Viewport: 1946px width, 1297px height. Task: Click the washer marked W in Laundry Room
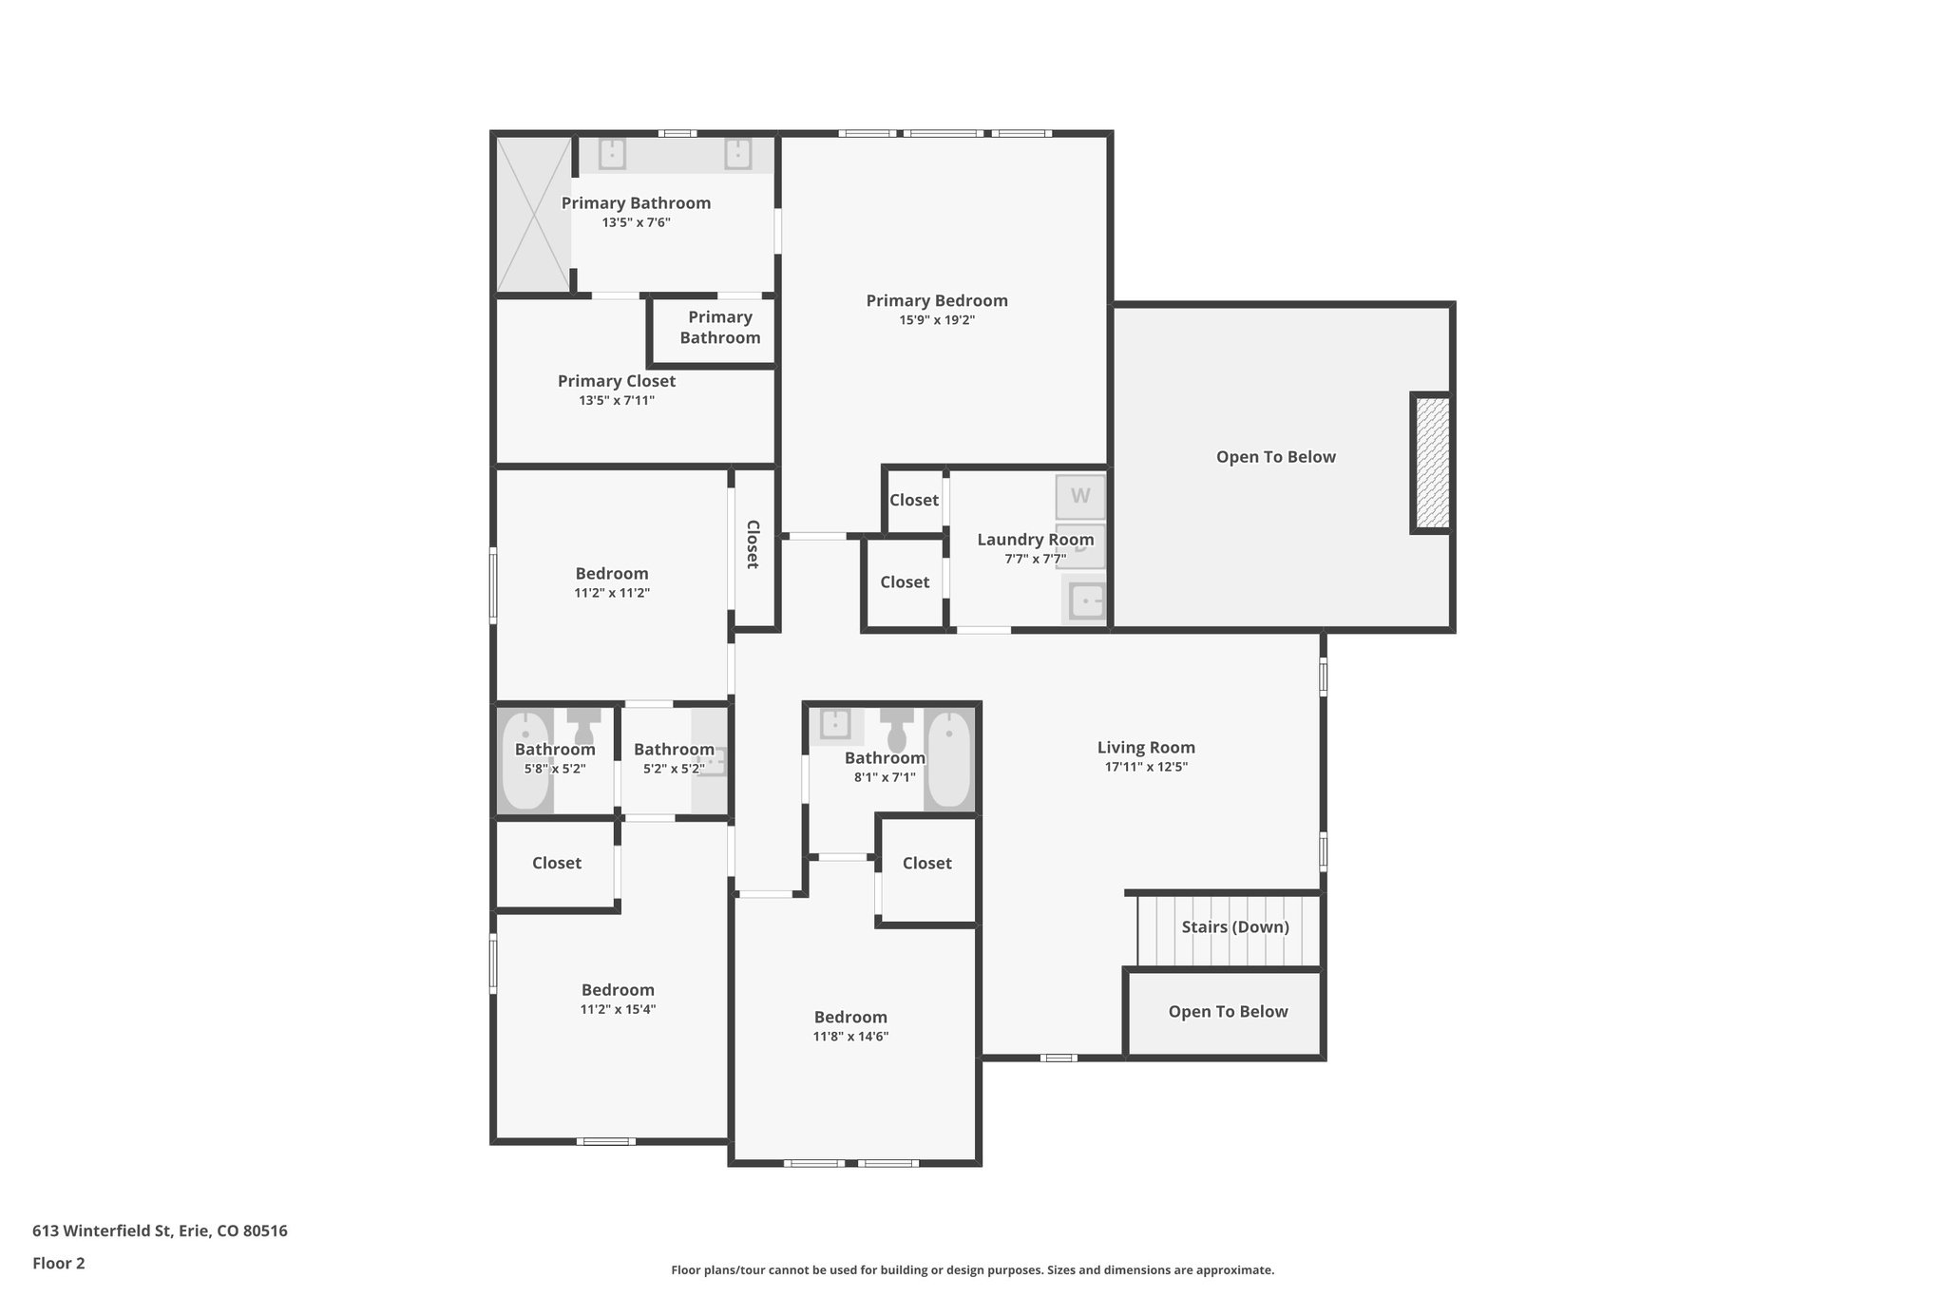pyautogui.click(x=1080, y=496)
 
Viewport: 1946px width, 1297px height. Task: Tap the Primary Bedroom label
pyautogui.click(x=936, y=300)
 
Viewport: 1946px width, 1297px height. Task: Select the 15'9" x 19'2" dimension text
pyautogui.click(x=936, y=320)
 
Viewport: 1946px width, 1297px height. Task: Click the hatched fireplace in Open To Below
pyautogui.click(x=1432, y=463)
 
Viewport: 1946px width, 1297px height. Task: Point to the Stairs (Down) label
pyautogui.click(x=1234, y=926)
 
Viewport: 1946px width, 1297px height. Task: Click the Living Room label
pyautogui.click(x=1145, y=748)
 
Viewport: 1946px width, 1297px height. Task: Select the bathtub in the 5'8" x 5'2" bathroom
pyautogui.click(x=525, y=760)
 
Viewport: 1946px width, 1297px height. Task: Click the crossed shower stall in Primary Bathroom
pyautogui.click(x=534, y=215)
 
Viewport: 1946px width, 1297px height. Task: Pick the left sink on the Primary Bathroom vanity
pyautogui.click(x=612, y=153)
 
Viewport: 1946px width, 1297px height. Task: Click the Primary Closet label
pyautogui.click(x=616, y=381)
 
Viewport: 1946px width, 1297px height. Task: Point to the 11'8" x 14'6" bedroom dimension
pyautogui.click(x=849, y=1037)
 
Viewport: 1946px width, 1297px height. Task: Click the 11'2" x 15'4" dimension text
pyautogui.click(x=618, y=1009)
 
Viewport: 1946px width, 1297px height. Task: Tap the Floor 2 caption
pyautogui.click(x=58, y=1263)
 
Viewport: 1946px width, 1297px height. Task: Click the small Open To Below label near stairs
pyautogui.click(x=1228, y=1012)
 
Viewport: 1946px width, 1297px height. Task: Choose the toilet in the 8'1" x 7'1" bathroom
pyautogui.click(x=896, y=730)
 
